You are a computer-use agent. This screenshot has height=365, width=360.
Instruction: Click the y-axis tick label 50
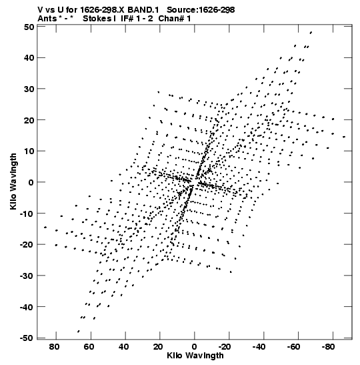point(29,27)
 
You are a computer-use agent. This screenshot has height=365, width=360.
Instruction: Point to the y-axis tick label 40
point(29,57)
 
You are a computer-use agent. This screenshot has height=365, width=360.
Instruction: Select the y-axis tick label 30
point(29,89)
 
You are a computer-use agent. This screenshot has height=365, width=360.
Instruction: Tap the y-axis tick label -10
point(27,214)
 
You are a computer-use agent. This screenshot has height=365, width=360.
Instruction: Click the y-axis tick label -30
point(27,276)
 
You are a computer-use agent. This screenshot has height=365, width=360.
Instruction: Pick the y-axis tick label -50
point(27,338)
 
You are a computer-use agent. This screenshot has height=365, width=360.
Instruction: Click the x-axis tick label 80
point(54,347)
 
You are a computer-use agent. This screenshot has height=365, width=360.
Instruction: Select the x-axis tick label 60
point(89,347)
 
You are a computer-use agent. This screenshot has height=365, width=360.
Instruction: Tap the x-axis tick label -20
point(225,347)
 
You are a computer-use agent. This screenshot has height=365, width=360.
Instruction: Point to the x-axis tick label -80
point(329,347)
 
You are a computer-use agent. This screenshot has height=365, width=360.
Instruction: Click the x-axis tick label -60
point(294,347)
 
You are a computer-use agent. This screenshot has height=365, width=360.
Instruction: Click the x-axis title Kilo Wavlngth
point(195,356)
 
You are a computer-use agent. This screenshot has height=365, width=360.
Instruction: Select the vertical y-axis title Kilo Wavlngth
point(13,181)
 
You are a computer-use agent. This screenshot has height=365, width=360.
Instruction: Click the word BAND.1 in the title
point(143,10)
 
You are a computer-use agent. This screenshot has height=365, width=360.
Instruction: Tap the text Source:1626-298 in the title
point(201,10)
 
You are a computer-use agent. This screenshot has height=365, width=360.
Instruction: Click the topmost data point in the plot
point(311,33)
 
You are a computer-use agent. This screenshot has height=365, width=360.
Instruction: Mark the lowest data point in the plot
point(79,331)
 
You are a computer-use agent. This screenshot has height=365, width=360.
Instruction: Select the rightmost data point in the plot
point(344,137)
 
